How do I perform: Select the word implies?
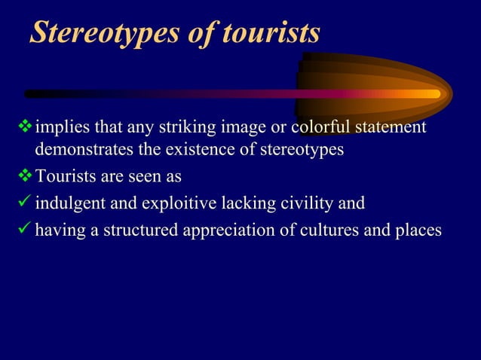tap(60, 128)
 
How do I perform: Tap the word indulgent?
tap(69, 203)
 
